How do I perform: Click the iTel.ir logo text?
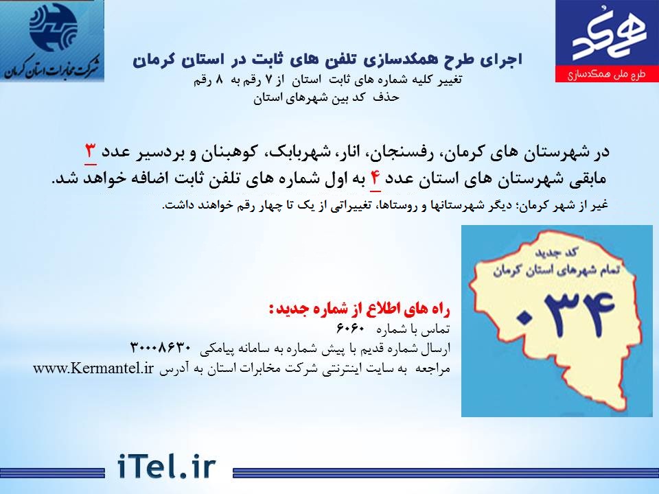click(x=166, y=467)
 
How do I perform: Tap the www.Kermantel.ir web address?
click(x=93, y=368)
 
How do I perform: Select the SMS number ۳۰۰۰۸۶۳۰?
click(x=161, y=349)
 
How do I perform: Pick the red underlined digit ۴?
click(x=375, y=179)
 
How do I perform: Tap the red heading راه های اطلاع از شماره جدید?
click(x=359, y=309)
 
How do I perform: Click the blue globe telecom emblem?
click(x=54, y=27)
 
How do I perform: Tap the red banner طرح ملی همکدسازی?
click(x=607, y=74)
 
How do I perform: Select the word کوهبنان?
click(x=230, y=152)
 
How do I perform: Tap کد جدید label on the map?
click(x=555, y=252)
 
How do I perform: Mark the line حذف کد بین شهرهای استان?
click(x=326, y=98)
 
